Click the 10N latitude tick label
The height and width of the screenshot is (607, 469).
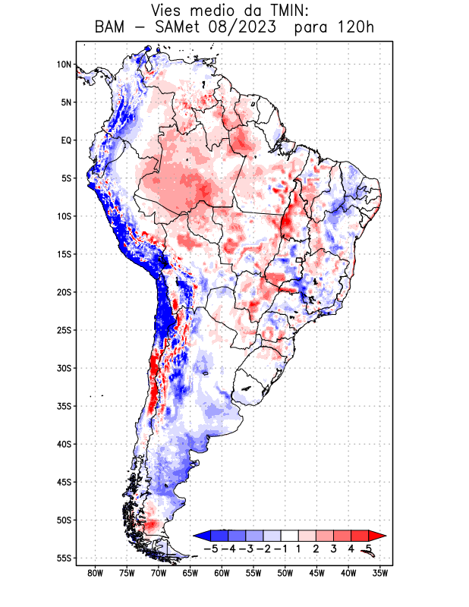(64, 64)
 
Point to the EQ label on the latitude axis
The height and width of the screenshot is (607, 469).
(66, 140)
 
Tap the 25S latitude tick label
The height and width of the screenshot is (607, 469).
(64, 330)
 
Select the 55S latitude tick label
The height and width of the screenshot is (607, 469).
(64, 558)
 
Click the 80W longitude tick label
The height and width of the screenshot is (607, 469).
(95, 573)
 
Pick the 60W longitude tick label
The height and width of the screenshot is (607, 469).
(222, 573)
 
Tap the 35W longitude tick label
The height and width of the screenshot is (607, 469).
(380, 573)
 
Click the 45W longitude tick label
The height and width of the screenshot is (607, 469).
(316, 573)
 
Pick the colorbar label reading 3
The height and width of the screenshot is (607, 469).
(334, 548)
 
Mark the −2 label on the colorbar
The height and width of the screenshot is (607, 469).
(263, 548)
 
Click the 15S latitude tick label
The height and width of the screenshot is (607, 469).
(64, 254)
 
